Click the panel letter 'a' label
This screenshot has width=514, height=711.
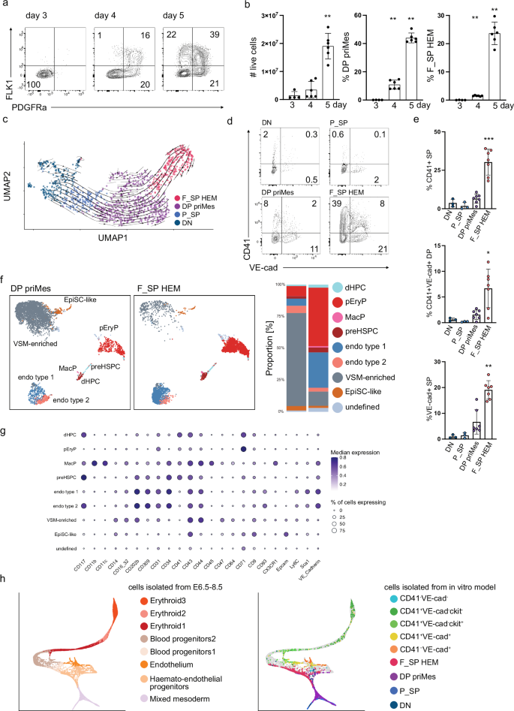pos(6,6)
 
